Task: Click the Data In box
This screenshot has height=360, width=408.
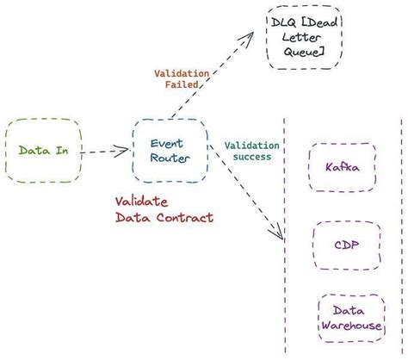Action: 43,150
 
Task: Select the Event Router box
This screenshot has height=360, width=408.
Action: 170,151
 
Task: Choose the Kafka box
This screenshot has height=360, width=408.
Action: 342,167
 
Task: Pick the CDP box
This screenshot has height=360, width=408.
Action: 343,244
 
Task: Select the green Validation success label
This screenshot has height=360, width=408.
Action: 252,151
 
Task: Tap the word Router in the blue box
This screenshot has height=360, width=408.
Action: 170,158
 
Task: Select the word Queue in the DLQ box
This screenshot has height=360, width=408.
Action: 304,53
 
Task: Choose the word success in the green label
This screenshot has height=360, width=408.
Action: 252,157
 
